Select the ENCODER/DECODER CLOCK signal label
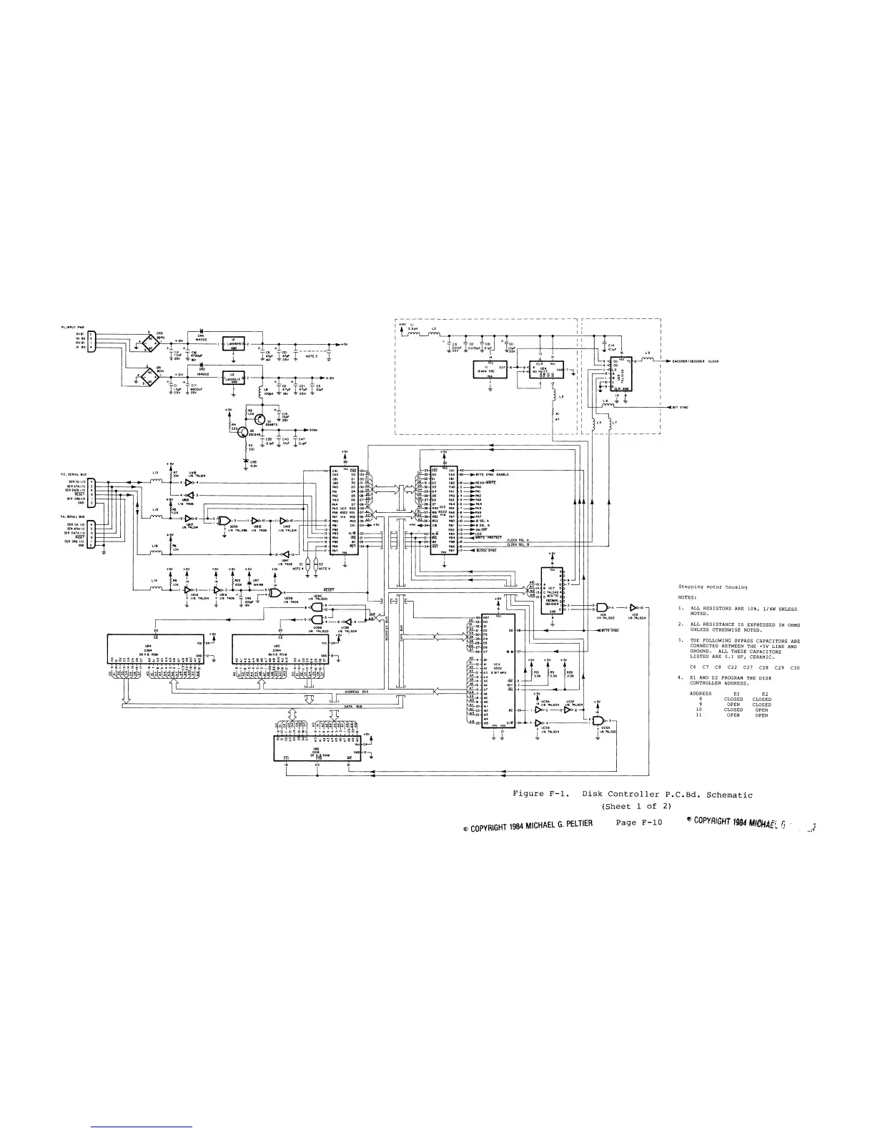(x=694, y=361)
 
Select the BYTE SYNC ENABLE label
(x=493, y=474)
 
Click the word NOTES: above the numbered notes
(x=687, y=597)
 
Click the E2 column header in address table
(x=763, y=694)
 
